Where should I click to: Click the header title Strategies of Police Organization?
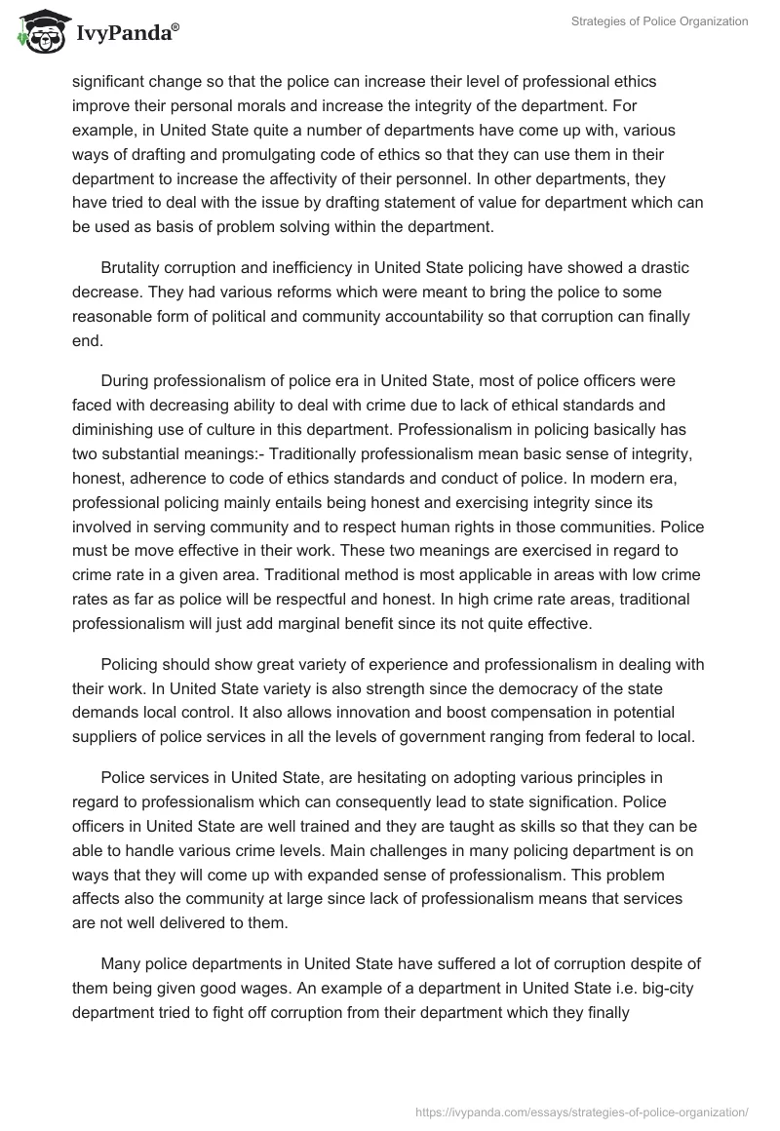[x=660, y=21]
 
